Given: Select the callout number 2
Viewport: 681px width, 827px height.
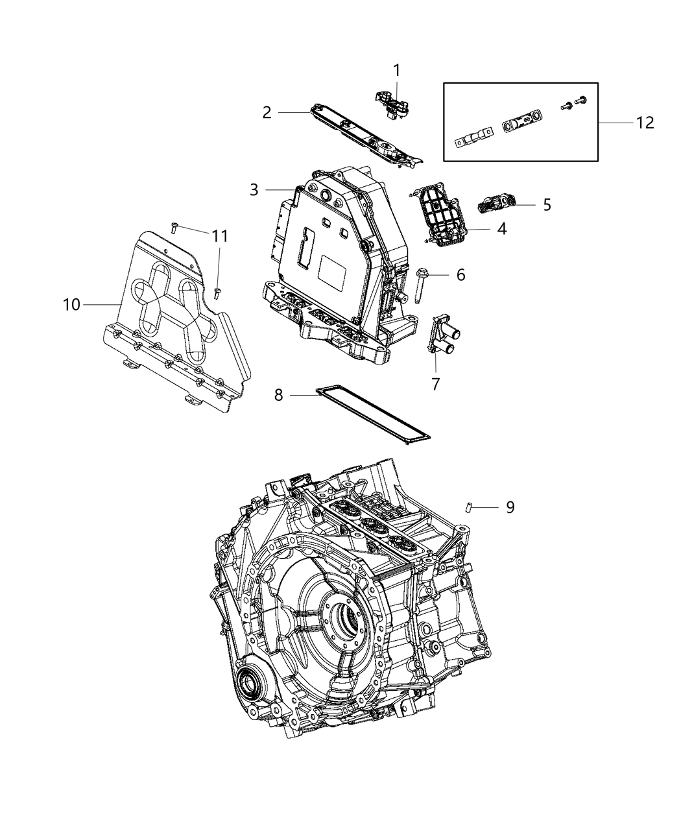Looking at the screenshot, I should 267,113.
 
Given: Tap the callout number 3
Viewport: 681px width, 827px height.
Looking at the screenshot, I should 254,190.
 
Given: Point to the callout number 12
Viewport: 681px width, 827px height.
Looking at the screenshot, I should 645,123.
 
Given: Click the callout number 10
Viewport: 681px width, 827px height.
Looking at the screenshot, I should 72,304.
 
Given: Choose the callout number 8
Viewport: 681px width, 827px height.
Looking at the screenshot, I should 278,394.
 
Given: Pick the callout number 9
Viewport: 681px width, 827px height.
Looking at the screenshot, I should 510,507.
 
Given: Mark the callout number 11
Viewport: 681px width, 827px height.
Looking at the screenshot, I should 220,237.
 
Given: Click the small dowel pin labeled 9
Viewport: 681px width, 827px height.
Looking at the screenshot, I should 466,507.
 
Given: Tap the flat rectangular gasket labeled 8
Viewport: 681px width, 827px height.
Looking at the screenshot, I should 376,414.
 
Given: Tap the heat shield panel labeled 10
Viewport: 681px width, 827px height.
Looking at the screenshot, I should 169,324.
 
